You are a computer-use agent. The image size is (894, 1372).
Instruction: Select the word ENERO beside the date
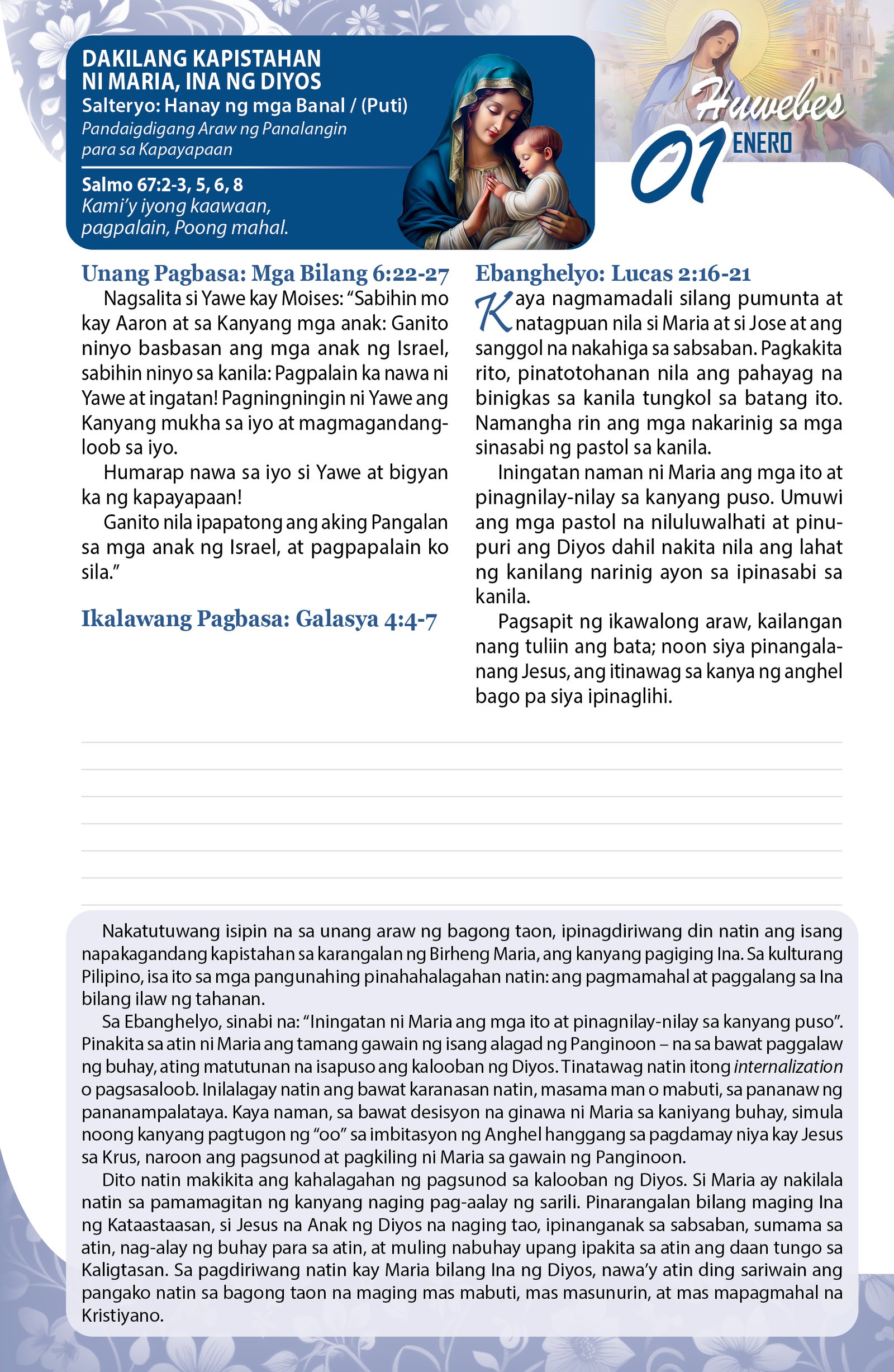(x=762, y=143)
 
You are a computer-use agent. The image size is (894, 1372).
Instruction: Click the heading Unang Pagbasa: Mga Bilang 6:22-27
(x=265, y=274)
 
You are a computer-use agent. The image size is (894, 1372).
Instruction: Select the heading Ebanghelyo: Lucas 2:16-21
(x=613, y=274)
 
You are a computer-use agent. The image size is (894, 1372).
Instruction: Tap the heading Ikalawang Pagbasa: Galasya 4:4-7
(x=259, y=618)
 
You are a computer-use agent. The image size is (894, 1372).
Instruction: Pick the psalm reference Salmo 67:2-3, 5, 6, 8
(x=162, y=184)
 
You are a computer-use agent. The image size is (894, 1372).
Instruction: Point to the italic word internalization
(x=788, y=1067)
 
